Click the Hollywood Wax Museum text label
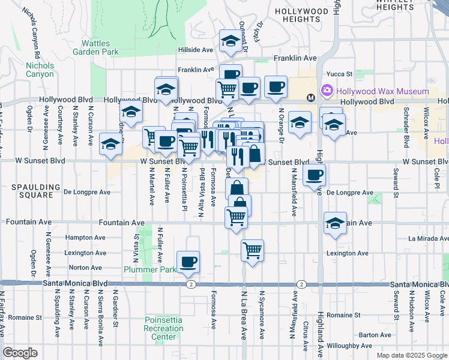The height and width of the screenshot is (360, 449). [x=382, y=91]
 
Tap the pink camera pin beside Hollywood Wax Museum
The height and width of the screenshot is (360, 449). [x=327, y=91]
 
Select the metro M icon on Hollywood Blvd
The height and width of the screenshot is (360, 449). [x=311, y=98]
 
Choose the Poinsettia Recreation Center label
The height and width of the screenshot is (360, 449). [x=163, y=328]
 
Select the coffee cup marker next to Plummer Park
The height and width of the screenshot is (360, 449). [x=188, y=261]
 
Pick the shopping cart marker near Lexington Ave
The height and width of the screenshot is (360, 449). [x=253, y=250]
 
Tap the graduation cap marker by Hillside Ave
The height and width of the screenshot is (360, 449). [x=230, y=40]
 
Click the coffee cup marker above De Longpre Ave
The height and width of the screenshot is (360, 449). [x=315, y=175]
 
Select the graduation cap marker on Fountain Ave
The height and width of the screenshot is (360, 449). [x=335, y=223]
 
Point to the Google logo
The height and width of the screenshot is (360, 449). [x=20, y=353]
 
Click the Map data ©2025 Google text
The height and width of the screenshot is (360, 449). [x=412, y=355]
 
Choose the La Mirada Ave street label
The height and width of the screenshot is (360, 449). [x=429, y=238]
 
